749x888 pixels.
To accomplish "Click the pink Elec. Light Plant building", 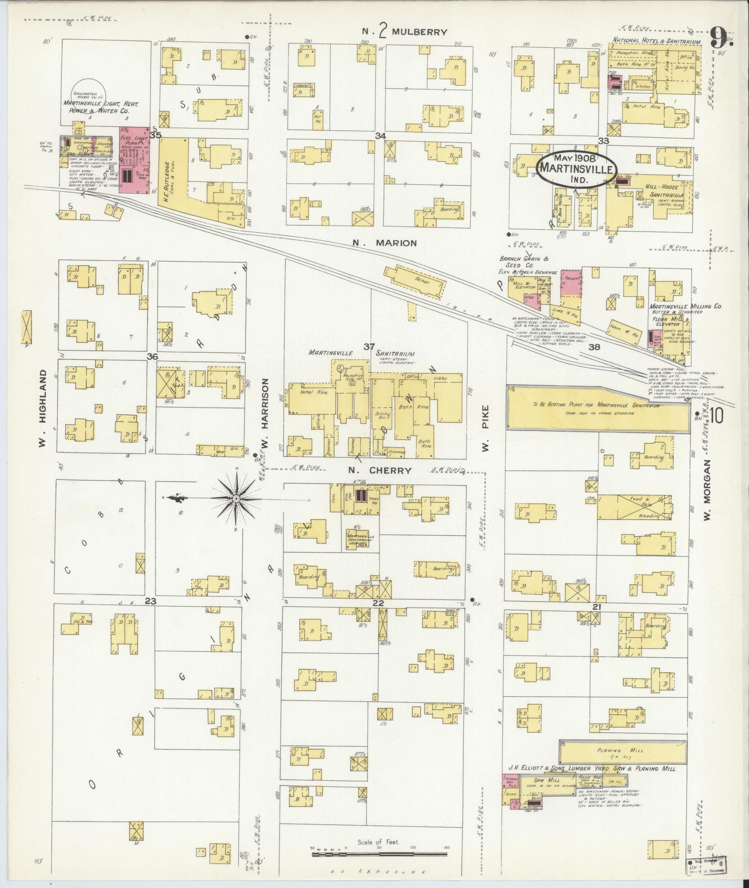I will pos(134,160).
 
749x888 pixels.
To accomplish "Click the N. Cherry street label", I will pos(379,470).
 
